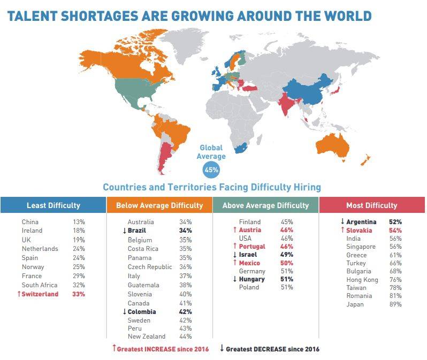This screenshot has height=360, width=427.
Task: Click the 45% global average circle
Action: [211, 171]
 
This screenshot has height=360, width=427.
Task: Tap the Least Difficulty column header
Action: [54, 205]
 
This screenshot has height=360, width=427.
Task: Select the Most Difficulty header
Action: [372, 205]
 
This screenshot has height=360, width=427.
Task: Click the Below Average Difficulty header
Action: [159, 205]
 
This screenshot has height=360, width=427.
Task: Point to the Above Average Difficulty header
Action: [265, 205]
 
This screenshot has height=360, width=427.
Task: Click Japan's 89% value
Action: [396, 304]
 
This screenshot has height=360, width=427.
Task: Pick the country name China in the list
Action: [30, 222]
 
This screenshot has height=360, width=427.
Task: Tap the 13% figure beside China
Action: [79, 222]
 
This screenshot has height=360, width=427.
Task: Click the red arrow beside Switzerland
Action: [19, 294]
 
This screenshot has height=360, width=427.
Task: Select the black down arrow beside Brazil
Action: [124, 231]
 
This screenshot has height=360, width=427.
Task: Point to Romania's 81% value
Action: [396, 296]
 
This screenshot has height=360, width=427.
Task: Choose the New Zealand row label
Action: [146, 336]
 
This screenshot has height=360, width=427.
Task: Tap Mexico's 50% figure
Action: [286, 263]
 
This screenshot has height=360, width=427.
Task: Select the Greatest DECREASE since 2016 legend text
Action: [272, 349]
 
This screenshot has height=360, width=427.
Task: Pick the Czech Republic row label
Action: [150, 267]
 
